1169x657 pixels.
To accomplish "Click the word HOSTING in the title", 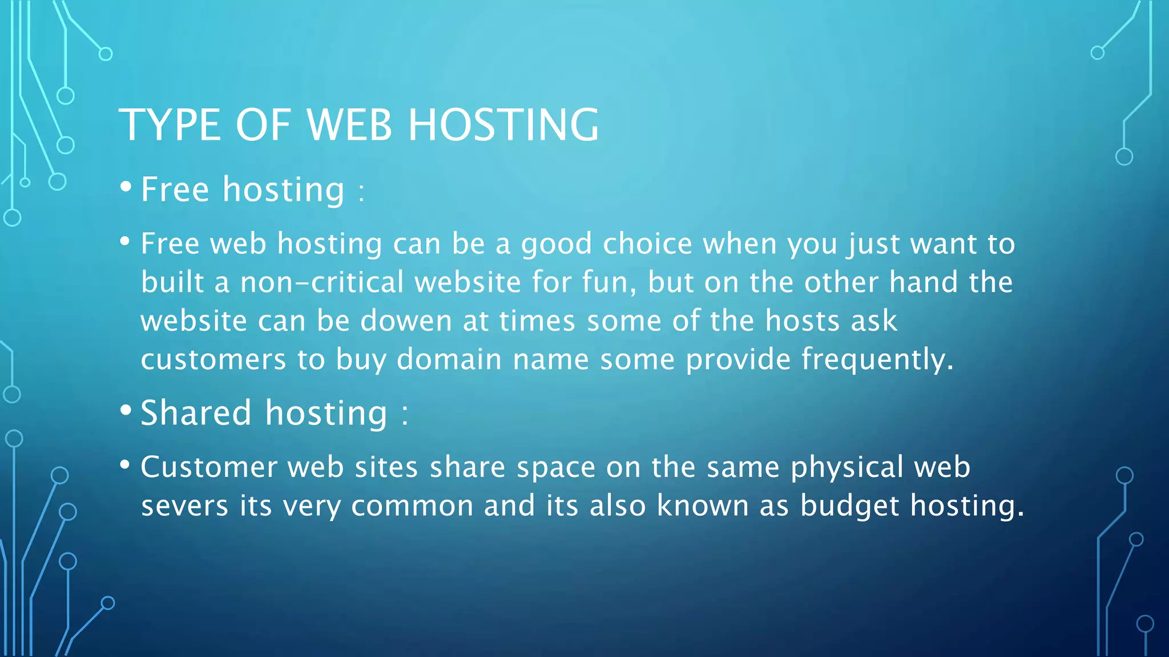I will pyautogui.click(x=503, y=125).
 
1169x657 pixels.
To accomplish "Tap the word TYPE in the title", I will pyautogui.click(x=170, y=125).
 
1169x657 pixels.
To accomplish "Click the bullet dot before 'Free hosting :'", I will pyautogui.click(x=126, y=187).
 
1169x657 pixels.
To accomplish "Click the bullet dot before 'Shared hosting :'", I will pyautogui.click(x=126, y=411).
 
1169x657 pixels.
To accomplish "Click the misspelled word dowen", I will pyautogui.click(x=406, y=321).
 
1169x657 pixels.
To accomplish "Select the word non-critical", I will pyautogui.click(x=322, y=282).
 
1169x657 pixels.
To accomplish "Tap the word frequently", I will pyautogui.click(x=876, y=360).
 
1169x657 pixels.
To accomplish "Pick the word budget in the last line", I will pyautogui.click(x=849, y=506).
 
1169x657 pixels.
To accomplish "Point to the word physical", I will pyautogui.click(x=847, y=468).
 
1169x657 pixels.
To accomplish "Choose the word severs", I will pyautogui.click(x=184, y=506).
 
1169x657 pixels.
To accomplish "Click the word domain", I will pyautogui.click(x=449, y=359).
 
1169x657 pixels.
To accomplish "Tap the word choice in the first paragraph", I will pyautogui.click(x=647, y=244).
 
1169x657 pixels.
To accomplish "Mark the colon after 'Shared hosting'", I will pyautogui.click(x=405, y=415).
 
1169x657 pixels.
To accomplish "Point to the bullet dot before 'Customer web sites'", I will pyautogui.click(x=125, y=465).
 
